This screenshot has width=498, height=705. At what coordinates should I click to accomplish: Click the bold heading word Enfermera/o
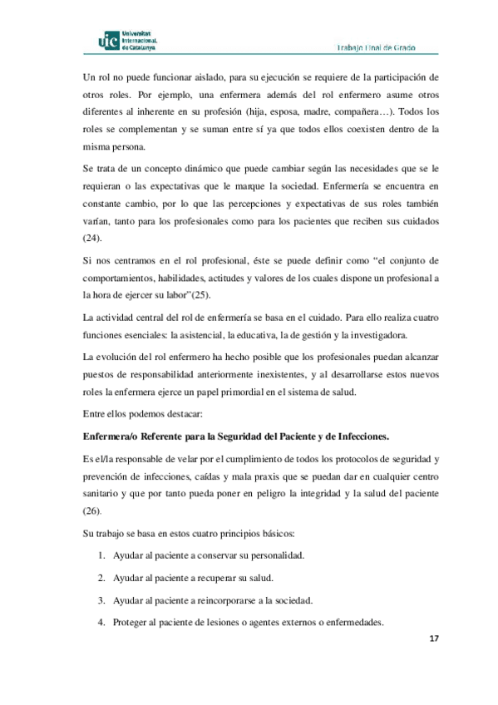click(x=115, y=436)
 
